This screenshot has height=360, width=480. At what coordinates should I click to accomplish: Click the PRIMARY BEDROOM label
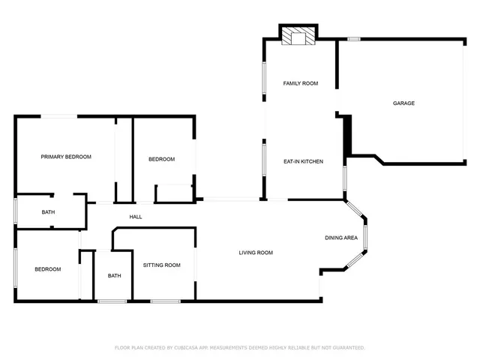click(x=66, y=157)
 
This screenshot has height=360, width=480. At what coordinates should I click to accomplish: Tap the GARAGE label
click(x=403, y=103)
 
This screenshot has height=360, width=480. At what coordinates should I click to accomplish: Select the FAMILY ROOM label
click(x=300, y=83)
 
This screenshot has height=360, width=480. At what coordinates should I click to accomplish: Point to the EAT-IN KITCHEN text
click(x=303, y=161)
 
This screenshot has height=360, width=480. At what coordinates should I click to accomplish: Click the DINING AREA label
click(x=340, y=238)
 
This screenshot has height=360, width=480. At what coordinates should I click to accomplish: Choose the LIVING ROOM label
click(x=256, y=253)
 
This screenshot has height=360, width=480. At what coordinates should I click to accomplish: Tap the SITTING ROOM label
click(x=162, y=265)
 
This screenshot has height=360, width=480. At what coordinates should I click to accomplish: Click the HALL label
click(x=136, y=217)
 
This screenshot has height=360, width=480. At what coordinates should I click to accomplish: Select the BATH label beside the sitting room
click(x=114, y=275)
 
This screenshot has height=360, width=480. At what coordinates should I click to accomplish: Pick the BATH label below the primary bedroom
click(x=48, y=212)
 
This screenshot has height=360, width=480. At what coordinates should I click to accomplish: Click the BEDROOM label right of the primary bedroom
click(x=161, y=159)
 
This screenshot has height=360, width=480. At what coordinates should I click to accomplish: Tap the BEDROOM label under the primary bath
click(x=48, y=268)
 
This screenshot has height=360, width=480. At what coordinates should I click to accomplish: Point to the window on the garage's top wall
click(x=353, y=39)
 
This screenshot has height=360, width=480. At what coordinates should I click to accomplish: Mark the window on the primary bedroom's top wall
click(x=58, y=116)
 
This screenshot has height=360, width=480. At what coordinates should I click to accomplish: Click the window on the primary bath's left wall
click(x=16, y=211)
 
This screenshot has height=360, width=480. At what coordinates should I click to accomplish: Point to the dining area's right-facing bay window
click(x=365, y=238)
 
